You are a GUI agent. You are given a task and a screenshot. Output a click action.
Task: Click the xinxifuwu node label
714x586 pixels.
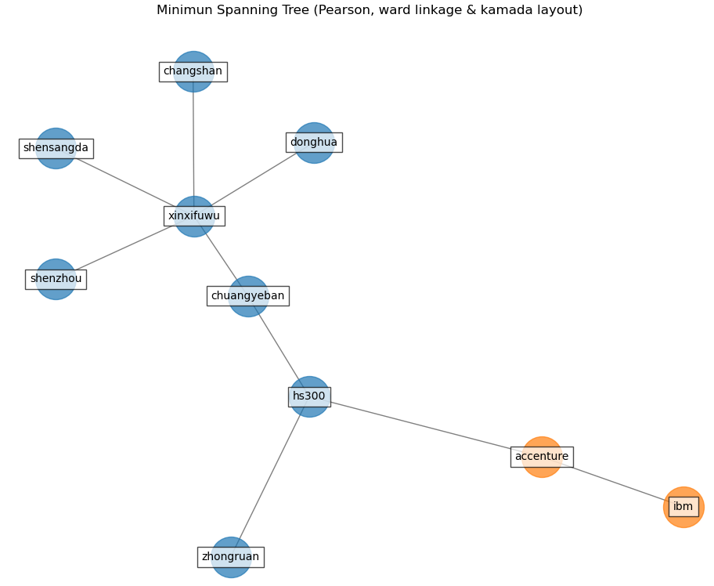tap(194, 216)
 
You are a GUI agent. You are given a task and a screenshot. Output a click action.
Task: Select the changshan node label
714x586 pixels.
tap(193, 72)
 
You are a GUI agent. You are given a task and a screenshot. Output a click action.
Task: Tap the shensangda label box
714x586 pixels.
tap(56, 149)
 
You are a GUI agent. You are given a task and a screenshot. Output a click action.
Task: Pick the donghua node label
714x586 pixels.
tap(314, 143)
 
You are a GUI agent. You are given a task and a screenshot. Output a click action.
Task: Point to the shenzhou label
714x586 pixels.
tap(56, 280)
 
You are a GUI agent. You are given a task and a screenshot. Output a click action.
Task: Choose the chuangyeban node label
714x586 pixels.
tap(247, 296)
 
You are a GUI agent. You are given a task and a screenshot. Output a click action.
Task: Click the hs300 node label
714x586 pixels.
tap(309, 397)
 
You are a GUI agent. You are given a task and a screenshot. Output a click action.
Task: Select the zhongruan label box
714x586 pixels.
tap(230, 557)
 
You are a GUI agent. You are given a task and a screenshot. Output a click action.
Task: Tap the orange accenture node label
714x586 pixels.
tap(542, 457)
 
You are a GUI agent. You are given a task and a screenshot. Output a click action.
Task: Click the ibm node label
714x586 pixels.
tap(683, 507)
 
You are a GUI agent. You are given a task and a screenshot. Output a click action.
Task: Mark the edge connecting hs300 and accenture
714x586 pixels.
tap(423, 426)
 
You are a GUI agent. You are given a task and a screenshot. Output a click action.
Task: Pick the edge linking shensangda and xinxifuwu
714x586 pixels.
tap(125, 183)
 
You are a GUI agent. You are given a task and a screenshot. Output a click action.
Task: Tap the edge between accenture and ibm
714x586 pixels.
tap(615, 483)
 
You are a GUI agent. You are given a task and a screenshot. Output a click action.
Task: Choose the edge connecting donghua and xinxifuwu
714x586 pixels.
tap(254, 179)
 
